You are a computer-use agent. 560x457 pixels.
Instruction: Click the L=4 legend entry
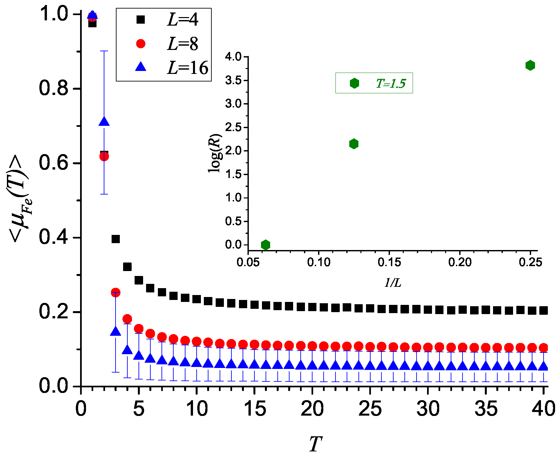[182, 20]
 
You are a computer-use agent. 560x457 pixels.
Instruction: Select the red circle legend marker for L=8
[141, 44]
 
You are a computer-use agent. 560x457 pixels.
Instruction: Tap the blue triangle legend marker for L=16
[141, 67]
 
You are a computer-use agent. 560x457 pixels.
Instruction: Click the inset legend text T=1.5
[391, 83]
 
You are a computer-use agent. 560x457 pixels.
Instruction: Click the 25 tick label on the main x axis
[370, 409]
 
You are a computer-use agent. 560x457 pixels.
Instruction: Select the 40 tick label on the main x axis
[544, 409]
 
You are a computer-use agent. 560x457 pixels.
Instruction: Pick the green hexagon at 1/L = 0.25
[530, 65]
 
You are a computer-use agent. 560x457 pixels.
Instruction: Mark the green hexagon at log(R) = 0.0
[266, 244]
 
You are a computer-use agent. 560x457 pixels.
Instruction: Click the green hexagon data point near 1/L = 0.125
[354, 144]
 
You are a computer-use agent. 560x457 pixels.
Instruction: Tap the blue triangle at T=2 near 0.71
[104, 122]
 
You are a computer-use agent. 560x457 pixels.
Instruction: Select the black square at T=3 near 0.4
[116, 239]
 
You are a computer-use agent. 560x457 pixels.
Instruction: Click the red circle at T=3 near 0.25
[116, 292]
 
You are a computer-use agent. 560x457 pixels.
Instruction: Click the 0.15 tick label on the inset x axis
[389, 262]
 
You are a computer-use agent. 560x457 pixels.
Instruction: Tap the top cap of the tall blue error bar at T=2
[104, 51]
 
